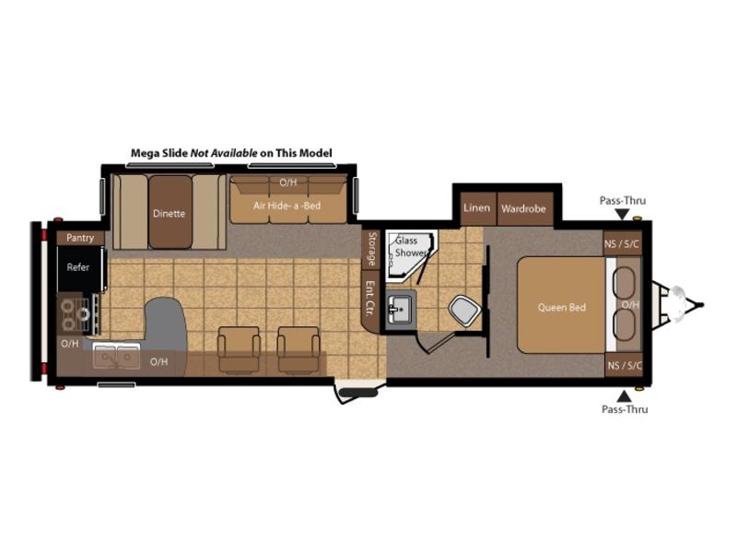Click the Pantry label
(x=80, y=238)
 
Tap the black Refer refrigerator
(x=79, y=269)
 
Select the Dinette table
(x=170, y=212)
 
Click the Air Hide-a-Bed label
(x=287, y=206)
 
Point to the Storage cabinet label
(x=372, y=249)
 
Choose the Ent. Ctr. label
(x=370, y=298)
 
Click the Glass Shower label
(x=409, y=246)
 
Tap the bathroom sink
(x=400, y=310)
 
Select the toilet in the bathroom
(x=464, y=310)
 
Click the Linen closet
(x=477, y=208)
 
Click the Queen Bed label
(x=562, y=308)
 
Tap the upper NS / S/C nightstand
(x=623, y=244)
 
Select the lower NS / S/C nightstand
(x=624, y=365)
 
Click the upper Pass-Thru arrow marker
(x=623, y=215)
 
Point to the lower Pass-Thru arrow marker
(x=624, y=395)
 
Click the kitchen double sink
(x=116, y=357)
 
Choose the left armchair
(x=239, y=350)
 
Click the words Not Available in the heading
(x=224, y=153)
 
